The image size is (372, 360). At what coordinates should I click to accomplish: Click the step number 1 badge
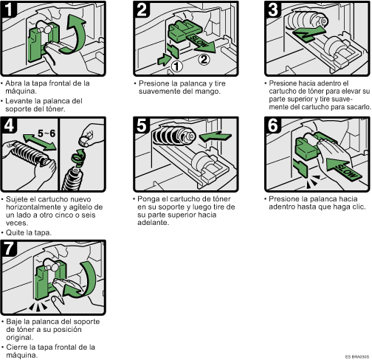point(9,10)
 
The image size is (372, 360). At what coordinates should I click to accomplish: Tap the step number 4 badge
point(9,125)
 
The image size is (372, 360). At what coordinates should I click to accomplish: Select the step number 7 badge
point(9,249)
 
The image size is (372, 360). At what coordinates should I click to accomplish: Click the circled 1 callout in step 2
point(176,66)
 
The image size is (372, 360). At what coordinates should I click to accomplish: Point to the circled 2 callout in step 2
point(204,60)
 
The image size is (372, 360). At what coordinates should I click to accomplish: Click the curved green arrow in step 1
point(76,35)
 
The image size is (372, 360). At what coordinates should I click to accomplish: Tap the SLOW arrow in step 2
point(201,44)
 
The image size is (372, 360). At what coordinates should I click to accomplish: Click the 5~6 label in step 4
point(46,134)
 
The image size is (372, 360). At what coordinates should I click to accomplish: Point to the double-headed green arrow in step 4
point(39,142)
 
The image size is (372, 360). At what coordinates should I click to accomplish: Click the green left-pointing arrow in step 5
point(215,136)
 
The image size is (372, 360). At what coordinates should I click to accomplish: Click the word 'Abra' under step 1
point(12,83)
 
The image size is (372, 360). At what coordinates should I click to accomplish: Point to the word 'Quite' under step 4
point(14,232)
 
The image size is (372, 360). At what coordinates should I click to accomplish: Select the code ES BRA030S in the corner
point(357,356)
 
